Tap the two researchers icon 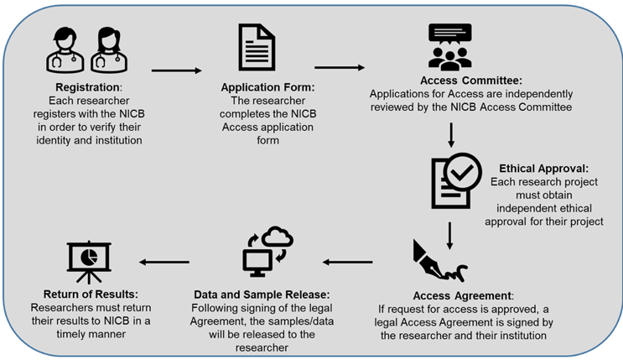pos(84,50)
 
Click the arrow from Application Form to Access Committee pos(339,65)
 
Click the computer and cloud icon pos(266,251)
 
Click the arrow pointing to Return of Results pos(164,263)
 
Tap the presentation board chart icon pos(89,261)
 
